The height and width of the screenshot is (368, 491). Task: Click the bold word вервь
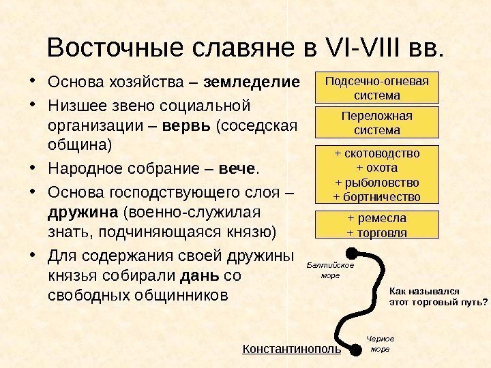pyautogui.click(x=188, y=126)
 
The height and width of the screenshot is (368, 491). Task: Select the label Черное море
pyautogui.click(x=380, y=343)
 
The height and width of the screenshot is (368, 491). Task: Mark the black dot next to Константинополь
pyautogui.click(x=355, y=350)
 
